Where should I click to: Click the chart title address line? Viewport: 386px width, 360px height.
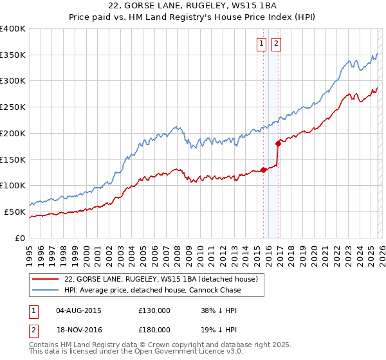point(193,6)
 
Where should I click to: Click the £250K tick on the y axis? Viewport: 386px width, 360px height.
point(13,107)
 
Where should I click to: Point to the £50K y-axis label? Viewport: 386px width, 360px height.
point(15,212)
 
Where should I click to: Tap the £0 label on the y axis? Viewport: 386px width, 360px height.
point(21,238)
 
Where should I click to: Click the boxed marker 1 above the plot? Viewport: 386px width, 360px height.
point(262,44)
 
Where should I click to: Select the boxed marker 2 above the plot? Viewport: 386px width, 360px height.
point(276,44)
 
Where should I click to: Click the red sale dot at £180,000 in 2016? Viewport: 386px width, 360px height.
point(278,143)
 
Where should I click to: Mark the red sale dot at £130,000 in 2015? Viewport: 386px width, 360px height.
point(263,170)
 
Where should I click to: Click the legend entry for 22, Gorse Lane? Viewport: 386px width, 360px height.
point(161,279)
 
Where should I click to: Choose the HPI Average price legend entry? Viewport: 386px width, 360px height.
point(152,291)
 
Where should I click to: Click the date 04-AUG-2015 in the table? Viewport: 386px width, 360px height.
point(79,310)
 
